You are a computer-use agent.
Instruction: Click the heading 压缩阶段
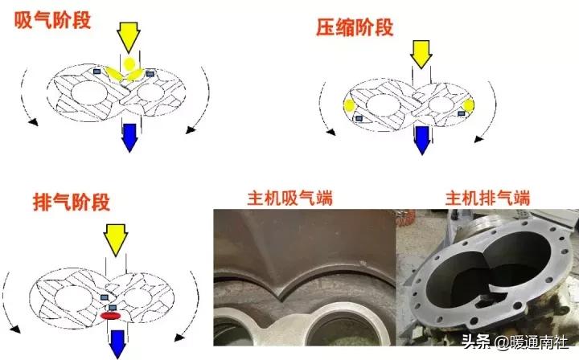tap(355, 28)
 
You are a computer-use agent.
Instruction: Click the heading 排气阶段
tap(72, 201)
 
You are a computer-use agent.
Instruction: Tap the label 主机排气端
tap(487, 198)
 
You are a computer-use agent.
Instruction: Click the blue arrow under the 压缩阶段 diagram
tap(420, 140)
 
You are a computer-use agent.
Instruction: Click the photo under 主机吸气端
tap(303, 277)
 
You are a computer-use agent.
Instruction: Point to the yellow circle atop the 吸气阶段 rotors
tap(129, 63)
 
